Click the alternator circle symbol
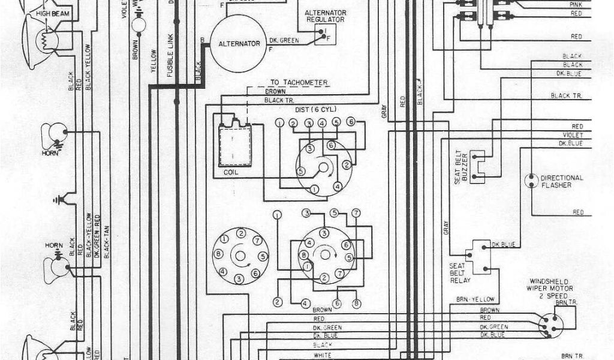(x=239, y=43)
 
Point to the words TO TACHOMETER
(x=299, y=82)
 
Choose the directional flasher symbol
(x=531, y=181)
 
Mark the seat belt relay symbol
(x=480, y=257)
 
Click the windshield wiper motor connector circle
(x=550, y=326)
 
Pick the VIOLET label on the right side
(x=573, y=135)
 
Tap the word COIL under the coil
(x=230, y=172)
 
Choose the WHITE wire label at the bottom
(x=322, y=355)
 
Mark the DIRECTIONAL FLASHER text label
(x=561, y=181)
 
